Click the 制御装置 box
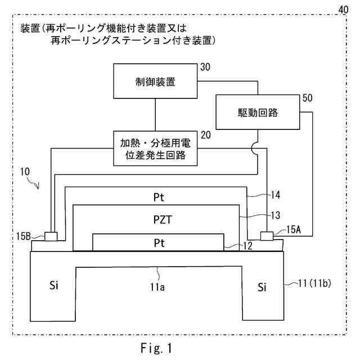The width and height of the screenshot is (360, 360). (x=155, y=82)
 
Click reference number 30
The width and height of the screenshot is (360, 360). (x=205, y=67)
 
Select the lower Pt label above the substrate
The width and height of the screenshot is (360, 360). (x=161, y=242)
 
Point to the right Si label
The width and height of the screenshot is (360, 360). (x=262, y=287)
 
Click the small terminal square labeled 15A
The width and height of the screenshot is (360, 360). (x=267, y=235)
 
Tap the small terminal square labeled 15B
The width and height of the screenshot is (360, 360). (x=51, y=236)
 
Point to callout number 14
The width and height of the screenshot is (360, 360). (x=274, y=195)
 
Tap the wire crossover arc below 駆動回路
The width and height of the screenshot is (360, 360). (x=257, y=147)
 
